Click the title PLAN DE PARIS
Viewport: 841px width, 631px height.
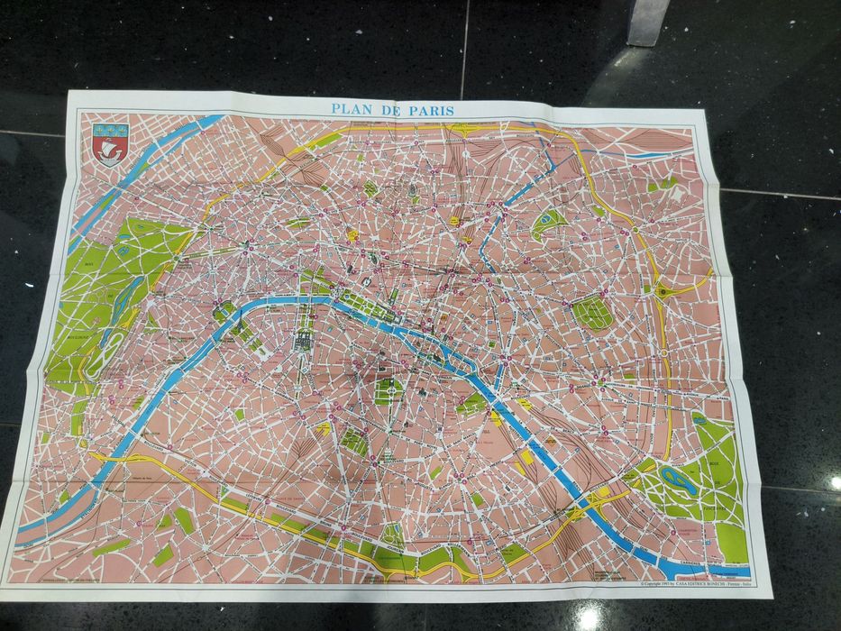click(x=392, y=110)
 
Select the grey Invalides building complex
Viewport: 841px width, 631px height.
click(x=301, y=341)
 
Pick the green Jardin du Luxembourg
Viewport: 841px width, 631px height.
click(x=387, y=390)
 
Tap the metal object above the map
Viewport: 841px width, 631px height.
click(x=649, y=20)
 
